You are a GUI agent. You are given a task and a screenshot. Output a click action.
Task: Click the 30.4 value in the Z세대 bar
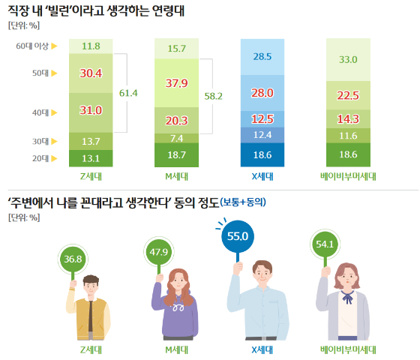click(91, 73)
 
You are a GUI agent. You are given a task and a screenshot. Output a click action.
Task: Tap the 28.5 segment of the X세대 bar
click(262, 57)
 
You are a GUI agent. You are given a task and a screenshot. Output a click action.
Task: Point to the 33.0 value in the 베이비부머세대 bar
click(349, 60)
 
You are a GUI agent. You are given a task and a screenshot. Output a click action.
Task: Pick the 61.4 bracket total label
click(129, 93)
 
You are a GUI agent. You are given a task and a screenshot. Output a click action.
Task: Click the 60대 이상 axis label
click(31, 46)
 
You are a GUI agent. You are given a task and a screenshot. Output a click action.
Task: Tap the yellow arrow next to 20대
click(54, 158)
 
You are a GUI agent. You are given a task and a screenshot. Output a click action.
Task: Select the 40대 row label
click(40, 112)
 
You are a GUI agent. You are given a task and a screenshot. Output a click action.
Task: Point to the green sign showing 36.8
click(73, 259)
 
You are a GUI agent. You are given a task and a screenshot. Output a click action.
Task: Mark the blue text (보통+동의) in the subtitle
click(244, 202)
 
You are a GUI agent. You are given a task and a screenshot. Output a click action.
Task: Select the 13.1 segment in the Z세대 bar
click(91, 157)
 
